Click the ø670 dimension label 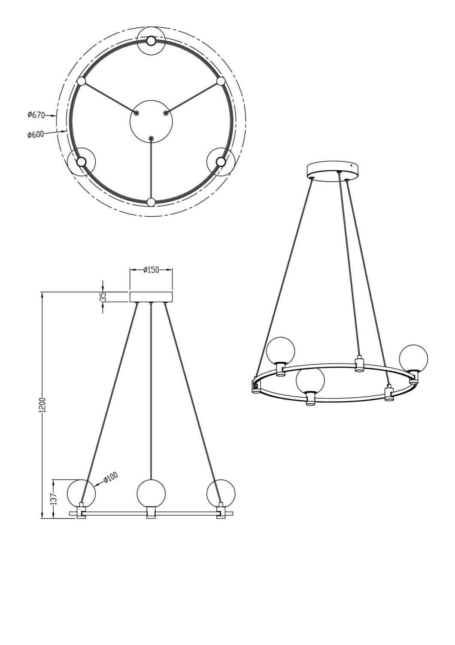coord(36,115)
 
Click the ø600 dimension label coord(36,135)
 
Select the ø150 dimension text coord(151,270)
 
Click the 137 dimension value coord(53,499)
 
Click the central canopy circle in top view coord(151,121)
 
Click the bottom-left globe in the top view coord(82,162)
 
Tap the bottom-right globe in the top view coord(221,161)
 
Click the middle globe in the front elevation coord(151,493)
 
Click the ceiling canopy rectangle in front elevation coord(151,297)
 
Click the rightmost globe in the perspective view coord(413,357)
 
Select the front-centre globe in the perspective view coord(310,379)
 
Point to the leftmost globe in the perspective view coord(280,350)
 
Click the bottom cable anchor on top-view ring coord(151,202)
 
